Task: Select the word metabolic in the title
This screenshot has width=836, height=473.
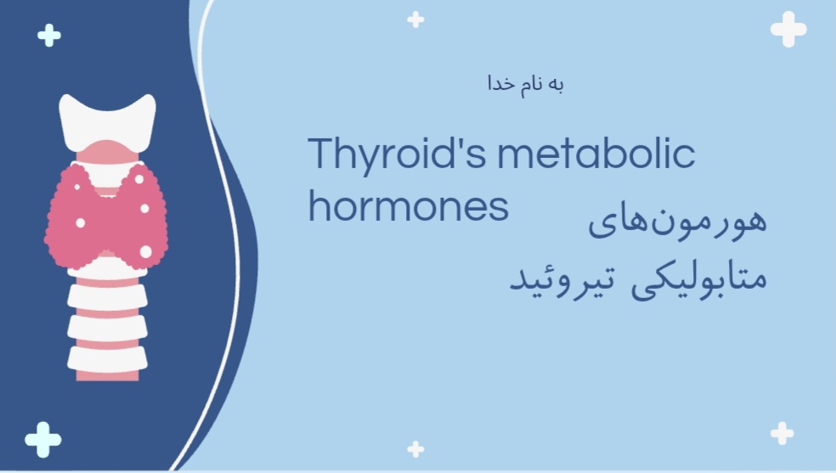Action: pyautogui.click(x=596, y=154)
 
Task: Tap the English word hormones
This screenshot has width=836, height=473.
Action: pyautogui.click(x=409, y=206)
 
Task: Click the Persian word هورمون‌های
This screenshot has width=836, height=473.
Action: pyautogui.click(x=677, y=220)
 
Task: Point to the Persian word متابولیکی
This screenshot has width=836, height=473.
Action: pyautogui.click(x=699, y=279)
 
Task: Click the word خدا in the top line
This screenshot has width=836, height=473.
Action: pyautogui.click(x=502, y=84)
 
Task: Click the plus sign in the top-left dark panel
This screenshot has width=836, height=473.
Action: pyautogui.click(x=49, y=35)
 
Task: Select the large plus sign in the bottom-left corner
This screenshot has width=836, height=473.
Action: pyautogui.click(x=43, y=439)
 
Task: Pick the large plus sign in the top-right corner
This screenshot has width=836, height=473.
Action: pyautogui.click(x=788, y=29)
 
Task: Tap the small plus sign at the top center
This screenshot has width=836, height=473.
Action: pyautogui.click(x=415, y=20)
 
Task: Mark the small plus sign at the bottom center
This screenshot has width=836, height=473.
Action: pyautogui.click(x=415, y=449)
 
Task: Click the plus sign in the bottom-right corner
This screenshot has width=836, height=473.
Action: pyautogui.click(x=782, y=434)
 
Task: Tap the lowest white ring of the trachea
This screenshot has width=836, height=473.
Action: pyautogui.click(x=107, y=359)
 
